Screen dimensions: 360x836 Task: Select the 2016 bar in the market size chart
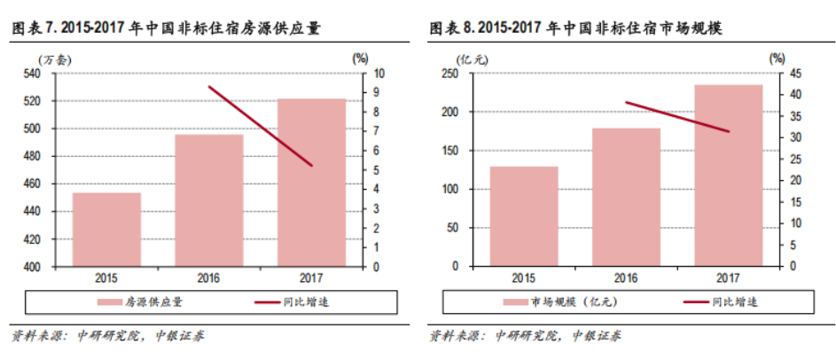(627, 197)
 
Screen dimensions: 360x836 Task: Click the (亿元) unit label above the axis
(467, 59)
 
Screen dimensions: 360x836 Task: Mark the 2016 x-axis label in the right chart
(627, 278)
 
